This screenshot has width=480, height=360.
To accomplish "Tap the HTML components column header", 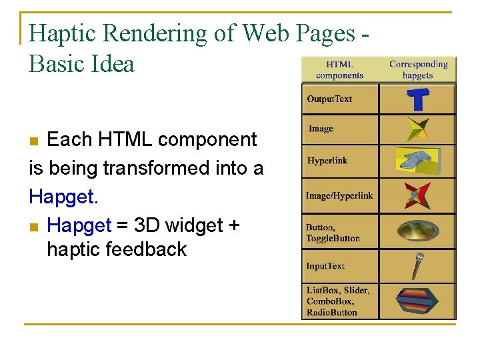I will [339, 70].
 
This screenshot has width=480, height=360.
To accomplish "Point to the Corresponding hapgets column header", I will [418, 70].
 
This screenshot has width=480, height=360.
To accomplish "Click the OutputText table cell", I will [329, 99].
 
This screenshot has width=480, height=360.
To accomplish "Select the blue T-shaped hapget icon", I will [418, 99].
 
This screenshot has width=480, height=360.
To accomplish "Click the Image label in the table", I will [321, 129].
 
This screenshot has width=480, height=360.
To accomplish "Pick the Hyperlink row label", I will [327, 161].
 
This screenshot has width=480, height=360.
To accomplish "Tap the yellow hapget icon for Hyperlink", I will [418, 161].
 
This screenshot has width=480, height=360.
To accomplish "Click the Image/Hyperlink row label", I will [339, 196].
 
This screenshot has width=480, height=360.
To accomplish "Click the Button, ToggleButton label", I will [333, 233].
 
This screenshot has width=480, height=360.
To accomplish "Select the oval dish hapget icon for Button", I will [418, 231].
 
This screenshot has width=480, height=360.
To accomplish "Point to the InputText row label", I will [325, 266].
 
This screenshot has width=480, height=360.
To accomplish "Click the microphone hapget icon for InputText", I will [418, 266].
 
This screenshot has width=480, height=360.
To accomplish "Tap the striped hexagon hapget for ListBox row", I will [418, 301].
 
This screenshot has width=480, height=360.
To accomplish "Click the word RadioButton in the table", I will [332, 313].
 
